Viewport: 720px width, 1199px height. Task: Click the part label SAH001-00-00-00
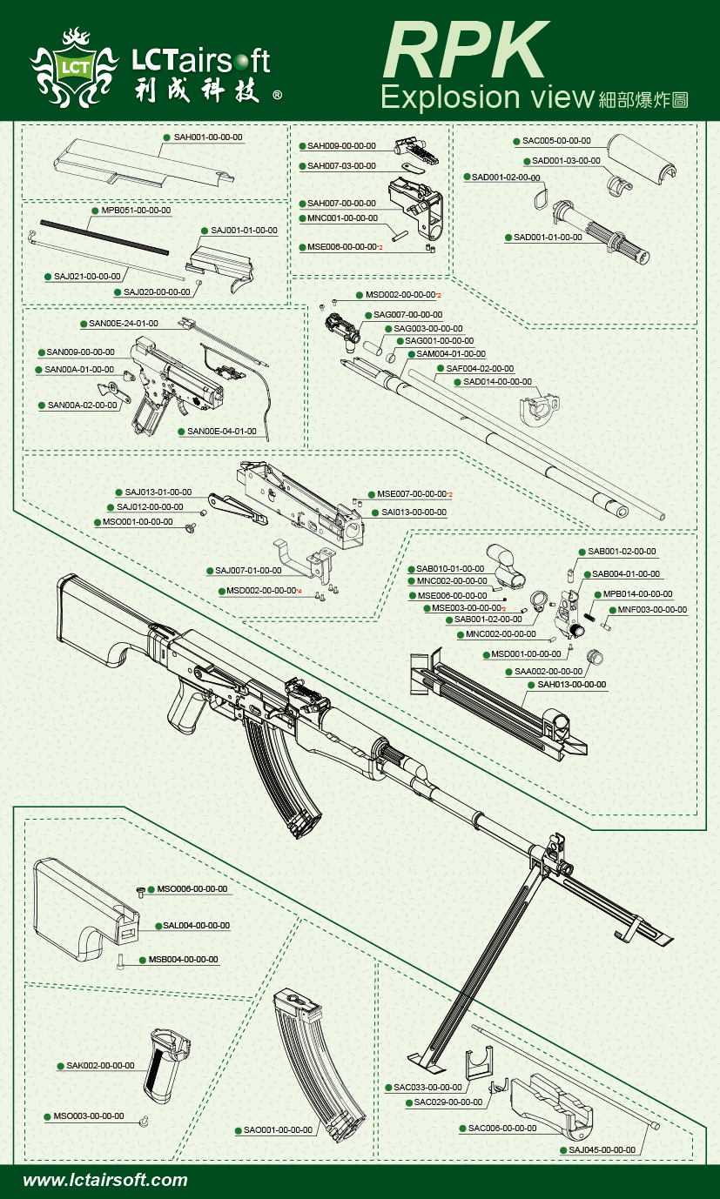click(x=208, y=137)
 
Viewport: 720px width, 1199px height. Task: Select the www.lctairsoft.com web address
click(x=105, y=1180)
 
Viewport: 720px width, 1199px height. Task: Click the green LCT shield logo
click(x=74, y=66)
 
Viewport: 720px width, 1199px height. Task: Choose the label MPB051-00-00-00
click(x=136, y=211)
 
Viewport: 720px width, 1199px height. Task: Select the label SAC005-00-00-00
click(x=556, y=140)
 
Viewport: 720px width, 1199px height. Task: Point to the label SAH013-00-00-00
click(x=572, y=685)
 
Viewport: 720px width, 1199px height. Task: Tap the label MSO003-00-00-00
click(x=89, y=1116)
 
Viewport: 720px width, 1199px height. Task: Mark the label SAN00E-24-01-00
click(x=124, y=324)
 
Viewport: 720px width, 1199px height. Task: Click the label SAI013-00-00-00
click(x=414, y=512)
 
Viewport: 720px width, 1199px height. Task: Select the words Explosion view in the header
click(x=487, y=97)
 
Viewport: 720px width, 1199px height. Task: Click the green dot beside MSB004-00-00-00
click(x=143, y=960)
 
